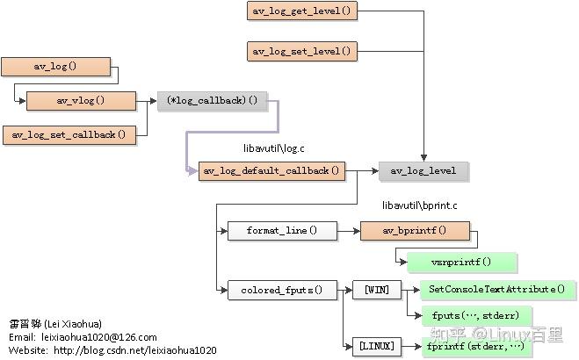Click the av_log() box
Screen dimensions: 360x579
pos(56,66)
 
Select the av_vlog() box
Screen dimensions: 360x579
pos(81,100)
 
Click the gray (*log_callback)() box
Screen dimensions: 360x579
pos(212,100)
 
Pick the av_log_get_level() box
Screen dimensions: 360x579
pos(301,11)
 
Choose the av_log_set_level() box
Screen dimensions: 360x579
pos(301,51)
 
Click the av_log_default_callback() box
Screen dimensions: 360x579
pos(271,170)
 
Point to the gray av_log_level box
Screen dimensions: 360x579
pos(423,170)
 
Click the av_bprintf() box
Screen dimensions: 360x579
pos(415,231)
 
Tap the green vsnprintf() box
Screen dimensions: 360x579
pos(461,262)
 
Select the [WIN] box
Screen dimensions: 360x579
pos(376,290)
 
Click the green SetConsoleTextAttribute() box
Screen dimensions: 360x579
pos(498,289)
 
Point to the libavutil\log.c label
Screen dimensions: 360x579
pos(273,149)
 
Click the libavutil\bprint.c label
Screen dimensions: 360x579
pos(419,205)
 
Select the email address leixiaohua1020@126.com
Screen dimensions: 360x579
pos(99,337)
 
